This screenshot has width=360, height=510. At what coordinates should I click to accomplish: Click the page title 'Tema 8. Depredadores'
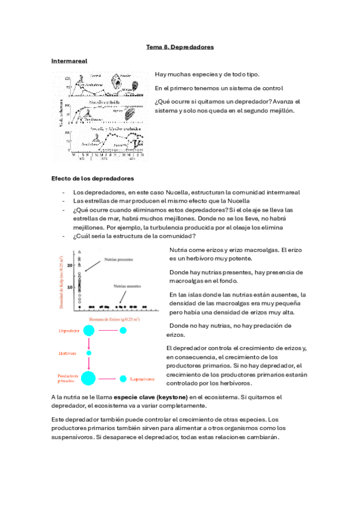click(180, 47)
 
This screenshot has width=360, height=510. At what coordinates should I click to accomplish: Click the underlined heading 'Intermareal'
click(70, 61)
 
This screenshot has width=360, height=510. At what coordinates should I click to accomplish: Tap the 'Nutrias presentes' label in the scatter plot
click(119, 260)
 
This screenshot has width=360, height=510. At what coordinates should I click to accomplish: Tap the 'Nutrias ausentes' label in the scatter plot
click(130, 286)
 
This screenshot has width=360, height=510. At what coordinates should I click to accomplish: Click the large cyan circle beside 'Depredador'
click(88, 330)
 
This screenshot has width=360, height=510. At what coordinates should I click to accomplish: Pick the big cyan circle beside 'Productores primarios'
click(88, 378)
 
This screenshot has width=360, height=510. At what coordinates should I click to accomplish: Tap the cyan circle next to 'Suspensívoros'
click(123, 379)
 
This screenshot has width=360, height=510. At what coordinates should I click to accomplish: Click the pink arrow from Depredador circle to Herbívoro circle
click(88, 343)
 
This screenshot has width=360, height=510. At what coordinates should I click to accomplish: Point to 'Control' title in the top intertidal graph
click(96, 76)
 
